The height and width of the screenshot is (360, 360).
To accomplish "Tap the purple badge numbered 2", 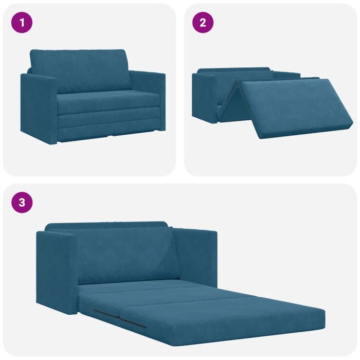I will pos(203,23).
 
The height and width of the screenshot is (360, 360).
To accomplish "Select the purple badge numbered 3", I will pos(22,202).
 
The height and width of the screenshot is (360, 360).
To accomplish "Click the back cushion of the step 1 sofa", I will pos(80,69).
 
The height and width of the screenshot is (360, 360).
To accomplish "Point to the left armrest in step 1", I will pos(38,108).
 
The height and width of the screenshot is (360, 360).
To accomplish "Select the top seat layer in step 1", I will pos(108,102).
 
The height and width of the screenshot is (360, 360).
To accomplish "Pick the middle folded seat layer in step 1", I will pos(108,120).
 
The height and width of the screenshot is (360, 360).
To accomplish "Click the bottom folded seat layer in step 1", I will pos(108,133).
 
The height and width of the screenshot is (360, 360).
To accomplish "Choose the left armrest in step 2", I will pos(204,98).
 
